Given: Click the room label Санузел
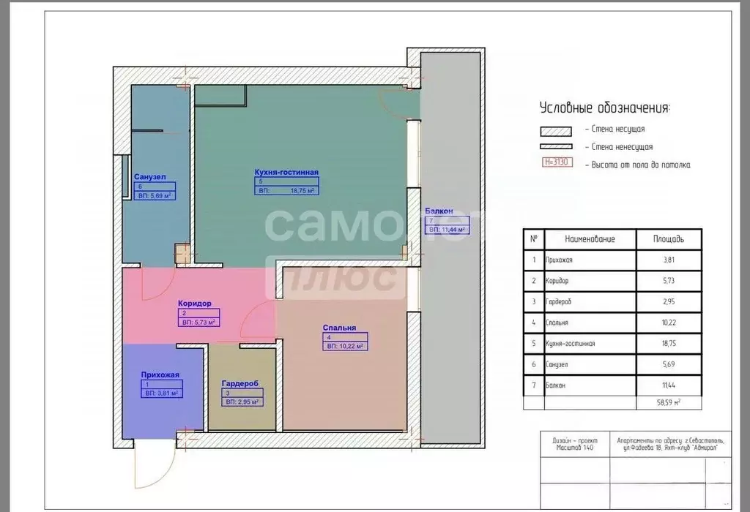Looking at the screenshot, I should [x=150, y=176].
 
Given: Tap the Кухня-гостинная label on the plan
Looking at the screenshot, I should [x=286, y=172].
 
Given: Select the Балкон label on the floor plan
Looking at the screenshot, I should [x=439, y=211].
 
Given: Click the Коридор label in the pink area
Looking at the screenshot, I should [x=194, y=303].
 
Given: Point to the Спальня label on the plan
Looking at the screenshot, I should [x=339, y=328].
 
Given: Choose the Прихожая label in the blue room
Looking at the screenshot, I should [x=160, y=374].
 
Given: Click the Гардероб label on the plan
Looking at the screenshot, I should [x=240, y=383].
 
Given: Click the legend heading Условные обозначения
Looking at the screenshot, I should [x=604, y=108].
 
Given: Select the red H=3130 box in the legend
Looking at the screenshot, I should [x=557, y=164].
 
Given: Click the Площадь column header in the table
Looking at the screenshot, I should [x=668, y=239].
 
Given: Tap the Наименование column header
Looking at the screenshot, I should [x=590, y=239].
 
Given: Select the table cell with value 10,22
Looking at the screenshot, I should [x=668, y=322].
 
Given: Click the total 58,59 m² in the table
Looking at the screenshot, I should [x=668, y=402].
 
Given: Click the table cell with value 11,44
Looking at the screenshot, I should [x=668, y=385].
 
